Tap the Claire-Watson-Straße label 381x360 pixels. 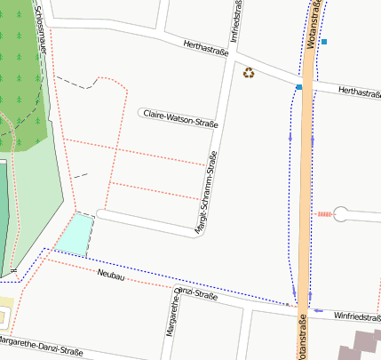coord(181,115)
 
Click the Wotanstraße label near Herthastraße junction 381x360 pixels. coord(313,25)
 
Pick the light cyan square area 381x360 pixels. coord(74,233)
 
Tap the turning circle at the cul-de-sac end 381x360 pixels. coord(341,214)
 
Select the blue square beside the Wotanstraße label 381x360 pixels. coord(324,42)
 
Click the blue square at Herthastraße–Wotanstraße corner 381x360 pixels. coord(299,87)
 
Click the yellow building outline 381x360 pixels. coord(5,314)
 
